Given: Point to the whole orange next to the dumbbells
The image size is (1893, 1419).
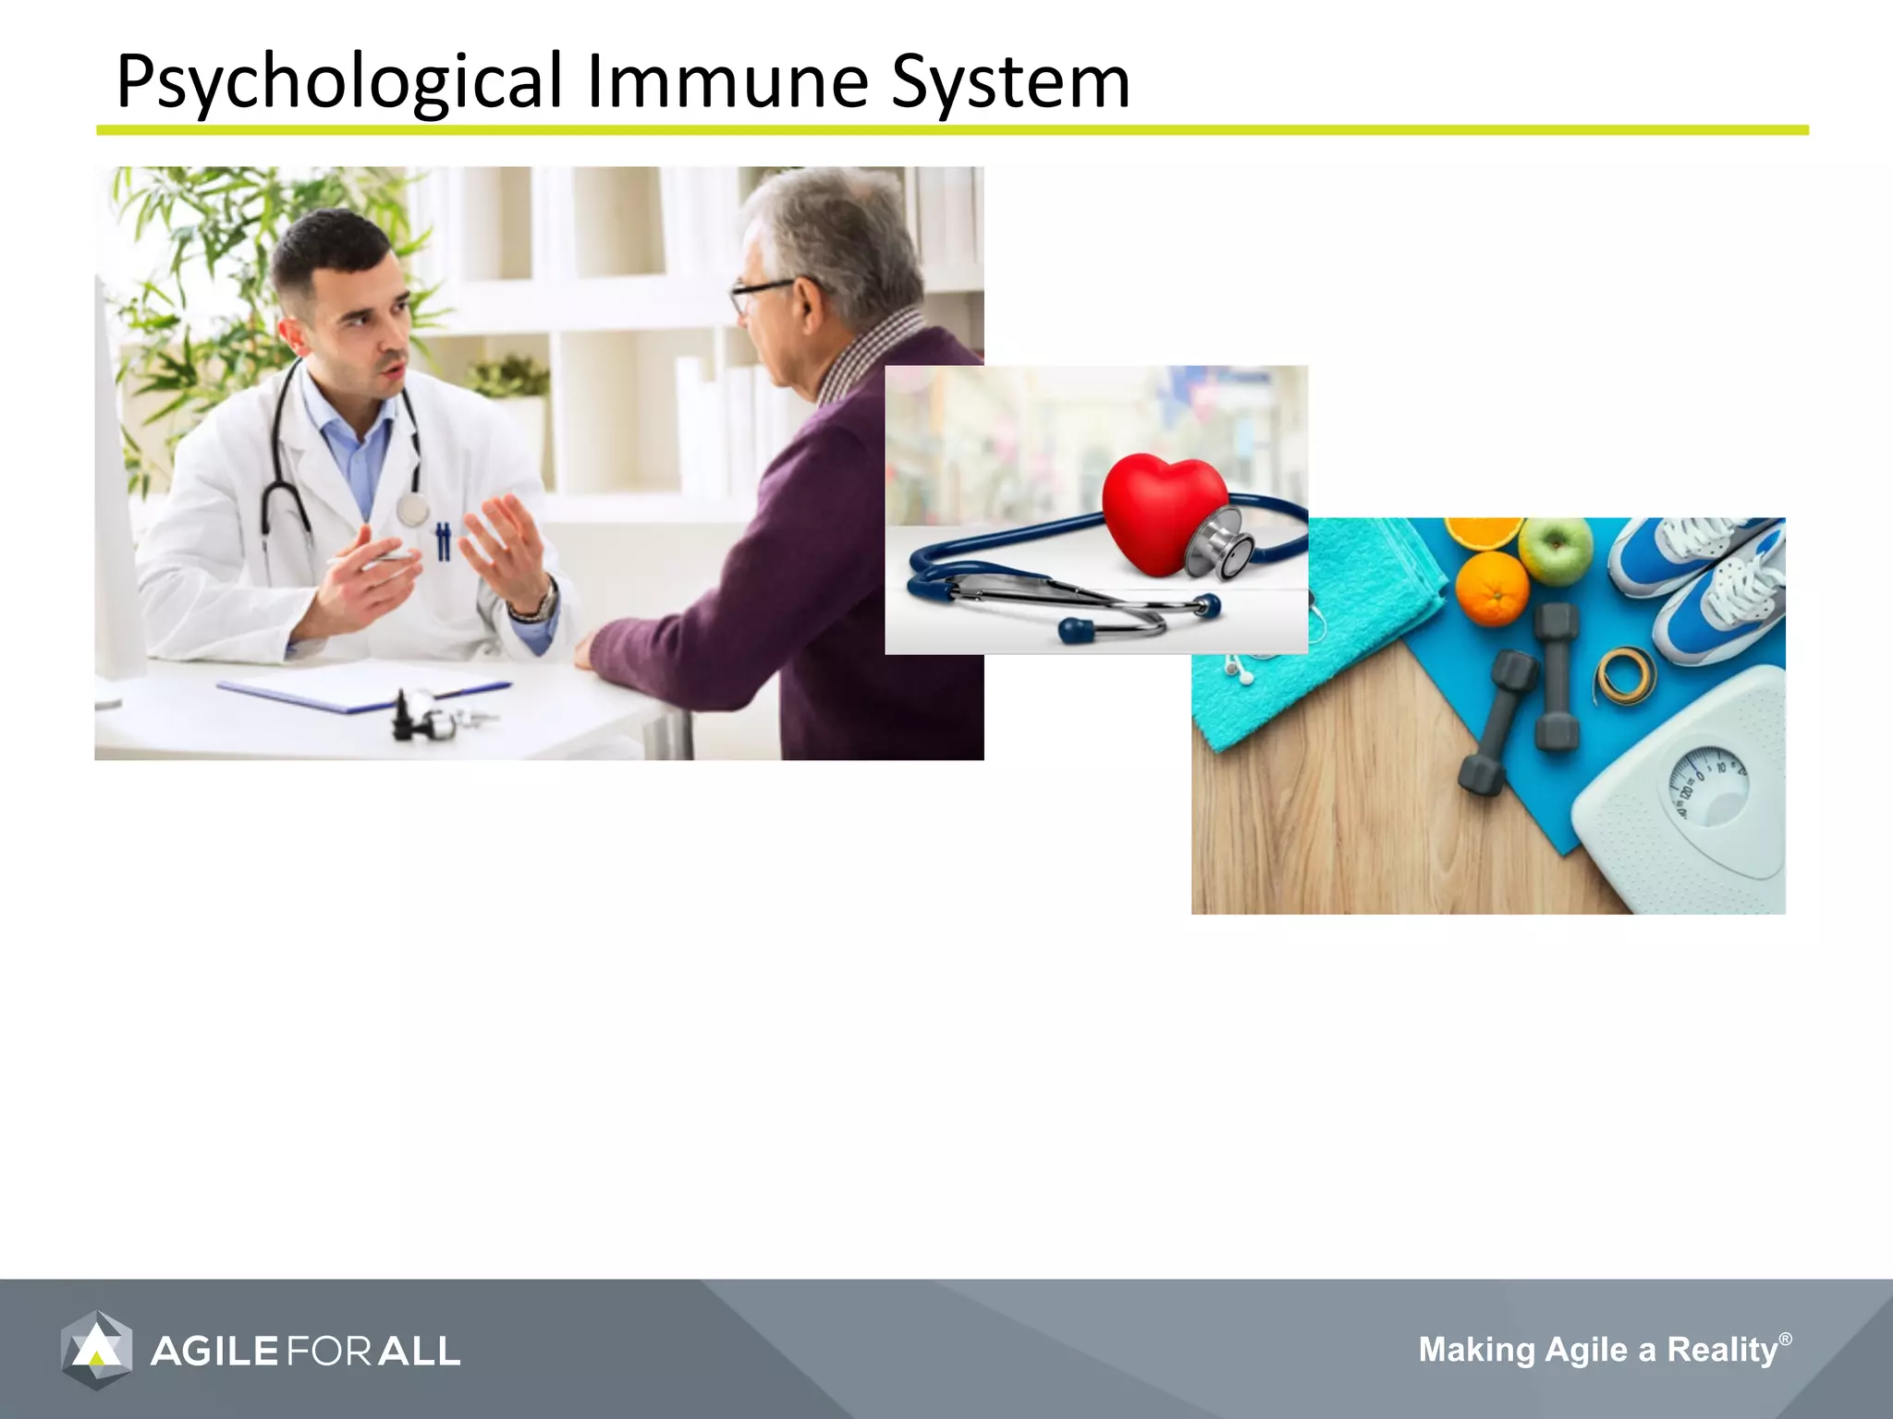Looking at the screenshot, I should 1492,588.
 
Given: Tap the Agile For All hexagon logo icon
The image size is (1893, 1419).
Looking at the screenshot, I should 96,1350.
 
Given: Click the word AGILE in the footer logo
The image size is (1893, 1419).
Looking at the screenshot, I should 214,1352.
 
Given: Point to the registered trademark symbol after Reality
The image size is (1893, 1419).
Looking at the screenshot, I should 1785,1339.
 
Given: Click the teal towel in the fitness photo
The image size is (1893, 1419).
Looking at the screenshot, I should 1313,628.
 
